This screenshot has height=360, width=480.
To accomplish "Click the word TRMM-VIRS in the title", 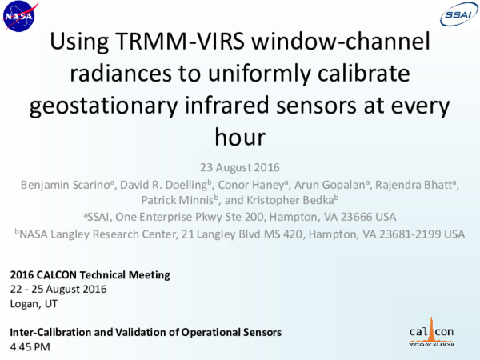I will pos(175,42).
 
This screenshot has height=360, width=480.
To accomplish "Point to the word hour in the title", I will pos(239,136).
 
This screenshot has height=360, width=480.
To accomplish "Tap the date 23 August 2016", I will pos(239,170).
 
